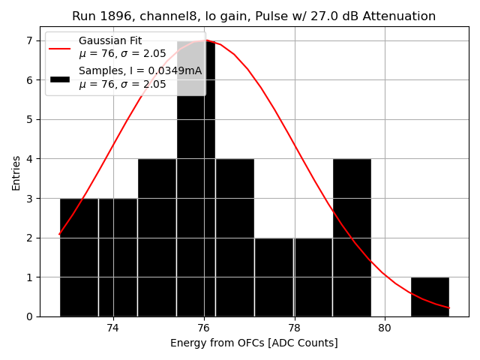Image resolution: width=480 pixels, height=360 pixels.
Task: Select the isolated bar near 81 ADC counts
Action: [x=430, y=297]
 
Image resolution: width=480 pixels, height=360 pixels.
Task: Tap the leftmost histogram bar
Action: [x=79, y=257]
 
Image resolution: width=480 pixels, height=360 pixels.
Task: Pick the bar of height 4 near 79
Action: [x=352, y=238]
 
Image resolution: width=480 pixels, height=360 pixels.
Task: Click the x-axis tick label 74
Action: [x=113, y=328]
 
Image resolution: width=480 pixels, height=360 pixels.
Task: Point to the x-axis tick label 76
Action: [x=204, y=328]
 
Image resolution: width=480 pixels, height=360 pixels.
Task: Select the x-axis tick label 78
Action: [x=294, y=328]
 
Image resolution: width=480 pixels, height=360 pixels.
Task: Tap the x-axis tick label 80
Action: [x=385, y=328]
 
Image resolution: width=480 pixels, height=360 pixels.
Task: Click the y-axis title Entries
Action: [x=16, y=172]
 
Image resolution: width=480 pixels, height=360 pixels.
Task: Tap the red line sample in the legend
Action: [x=60, y=47]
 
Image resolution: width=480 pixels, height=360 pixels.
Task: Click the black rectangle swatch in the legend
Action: [x=60, y=77]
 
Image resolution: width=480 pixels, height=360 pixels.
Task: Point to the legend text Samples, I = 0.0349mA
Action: [x=140, y=71]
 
